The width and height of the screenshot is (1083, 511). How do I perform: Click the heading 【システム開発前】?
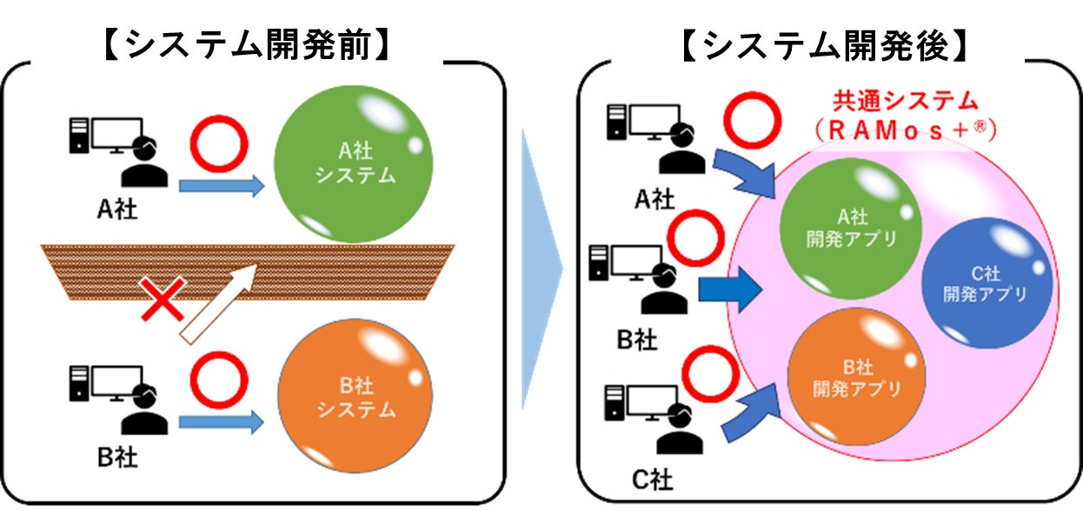[240, 44]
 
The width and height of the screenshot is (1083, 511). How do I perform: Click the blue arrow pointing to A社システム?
[221, 185]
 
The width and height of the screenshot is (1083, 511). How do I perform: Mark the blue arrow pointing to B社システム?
[221, 423]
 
